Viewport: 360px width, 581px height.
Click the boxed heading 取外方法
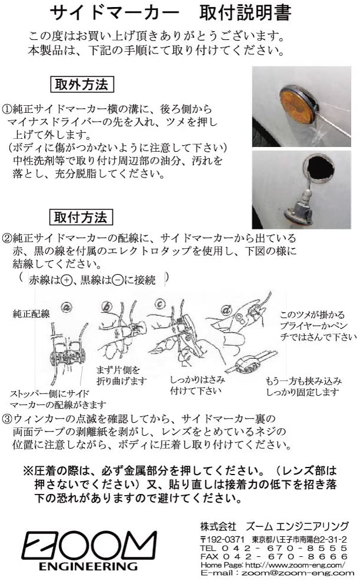pos(82,84)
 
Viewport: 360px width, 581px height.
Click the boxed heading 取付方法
pos(81,217)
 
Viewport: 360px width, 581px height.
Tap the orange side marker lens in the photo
pos(295,105)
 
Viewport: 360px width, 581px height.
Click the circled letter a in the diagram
pos(66,307)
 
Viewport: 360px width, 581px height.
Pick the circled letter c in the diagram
pos(160,304)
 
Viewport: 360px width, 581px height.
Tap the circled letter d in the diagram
pos(226,310)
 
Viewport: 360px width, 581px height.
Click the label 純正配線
pos(31,314)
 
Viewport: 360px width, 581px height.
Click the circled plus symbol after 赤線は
pos(66,281)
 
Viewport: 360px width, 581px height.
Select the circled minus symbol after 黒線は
pos(117,281)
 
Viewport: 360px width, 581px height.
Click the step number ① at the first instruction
pos(8,109)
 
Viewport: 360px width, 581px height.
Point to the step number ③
pos(8,419)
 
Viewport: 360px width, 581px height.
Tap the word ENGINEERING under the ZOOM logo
pos(88,566)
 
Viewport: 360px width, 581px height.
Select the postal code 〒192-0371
pos(222,539)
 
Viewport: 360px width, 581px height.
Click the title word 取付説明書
pos(245,14)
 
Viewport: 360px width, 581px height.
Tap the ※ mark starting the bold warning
pos(28,471)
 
